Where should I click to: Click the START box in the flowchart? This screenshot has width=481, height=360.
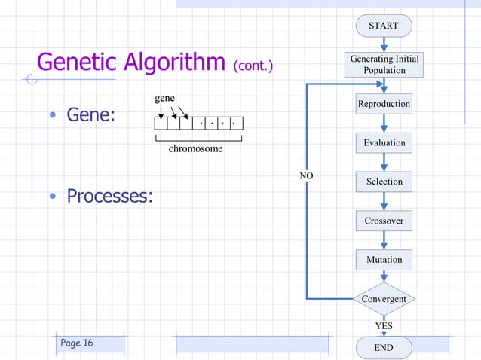384,26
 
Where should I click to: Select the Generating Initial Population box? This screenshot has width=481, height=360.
384,65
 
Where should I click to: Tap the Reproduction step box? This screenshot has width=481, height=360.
384,104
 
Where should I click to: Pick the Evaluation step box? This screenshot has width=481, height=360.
384,142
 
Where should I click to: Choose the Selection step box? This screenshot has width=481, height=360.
384,182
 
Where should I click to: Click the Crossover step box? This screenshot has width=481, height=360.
384,221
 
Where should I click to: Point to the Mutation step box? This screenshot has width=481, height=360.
384,260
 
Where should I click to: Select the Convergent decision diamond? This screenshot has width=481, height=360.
384,299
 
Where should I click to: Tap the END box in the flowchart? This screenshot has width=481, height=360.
384,348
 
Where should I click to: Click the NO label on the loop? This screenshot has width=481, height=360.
306,175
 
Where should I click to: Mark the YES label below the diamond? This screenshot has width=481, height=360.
384,325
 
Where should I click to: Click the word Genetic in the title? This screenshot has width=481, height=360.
80,63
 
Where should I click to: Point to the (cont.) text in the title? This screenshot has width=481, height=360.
253,66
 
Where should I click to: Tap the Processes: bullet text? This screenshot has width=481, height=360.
109,196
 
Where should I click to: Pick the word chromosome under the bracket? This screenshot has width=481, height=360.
196,149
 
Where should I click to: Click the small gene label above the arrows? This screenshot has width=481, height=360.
165,99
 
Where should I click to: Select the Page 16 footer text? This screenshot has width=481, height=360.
77,343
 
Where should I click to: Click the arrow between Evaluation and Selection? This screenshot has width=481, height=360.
384,162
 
